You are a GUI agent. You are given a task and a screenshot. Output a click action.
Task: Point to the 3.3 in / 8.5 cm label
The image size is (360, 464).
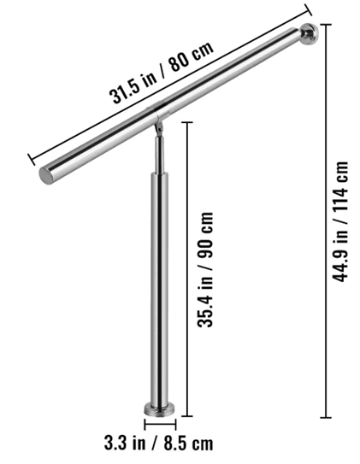pyautogui.click(x=159, y=443)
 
